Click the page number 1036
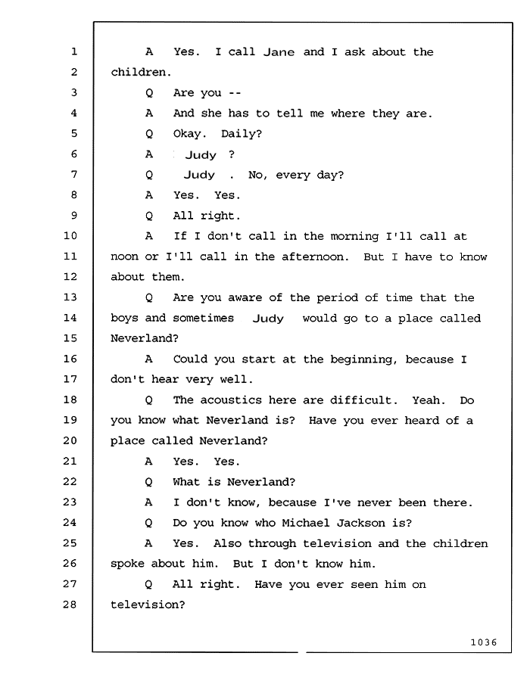click(484, 642)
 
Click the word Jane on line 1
click(279, 52)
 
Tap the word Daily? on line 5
click(242, 134)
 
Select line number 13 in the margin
click(70, 297)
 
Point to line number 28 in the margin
click(70, 604)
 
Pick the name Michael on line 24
click(306, 522)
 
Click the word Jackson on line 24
click(361, 523)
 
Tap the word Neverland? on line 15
click(145, 338)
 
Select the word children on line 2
click(141, 72)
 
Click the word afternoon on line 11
click(315, 257)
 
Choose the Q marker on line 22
click(148, 483)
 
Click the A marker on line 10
click(149, 236)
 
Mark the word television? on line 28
click(148, 605)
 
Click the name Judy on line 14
click(268, 319)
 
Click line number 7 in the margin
click(73, 174)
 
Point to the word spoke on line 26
click(127, 564)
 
